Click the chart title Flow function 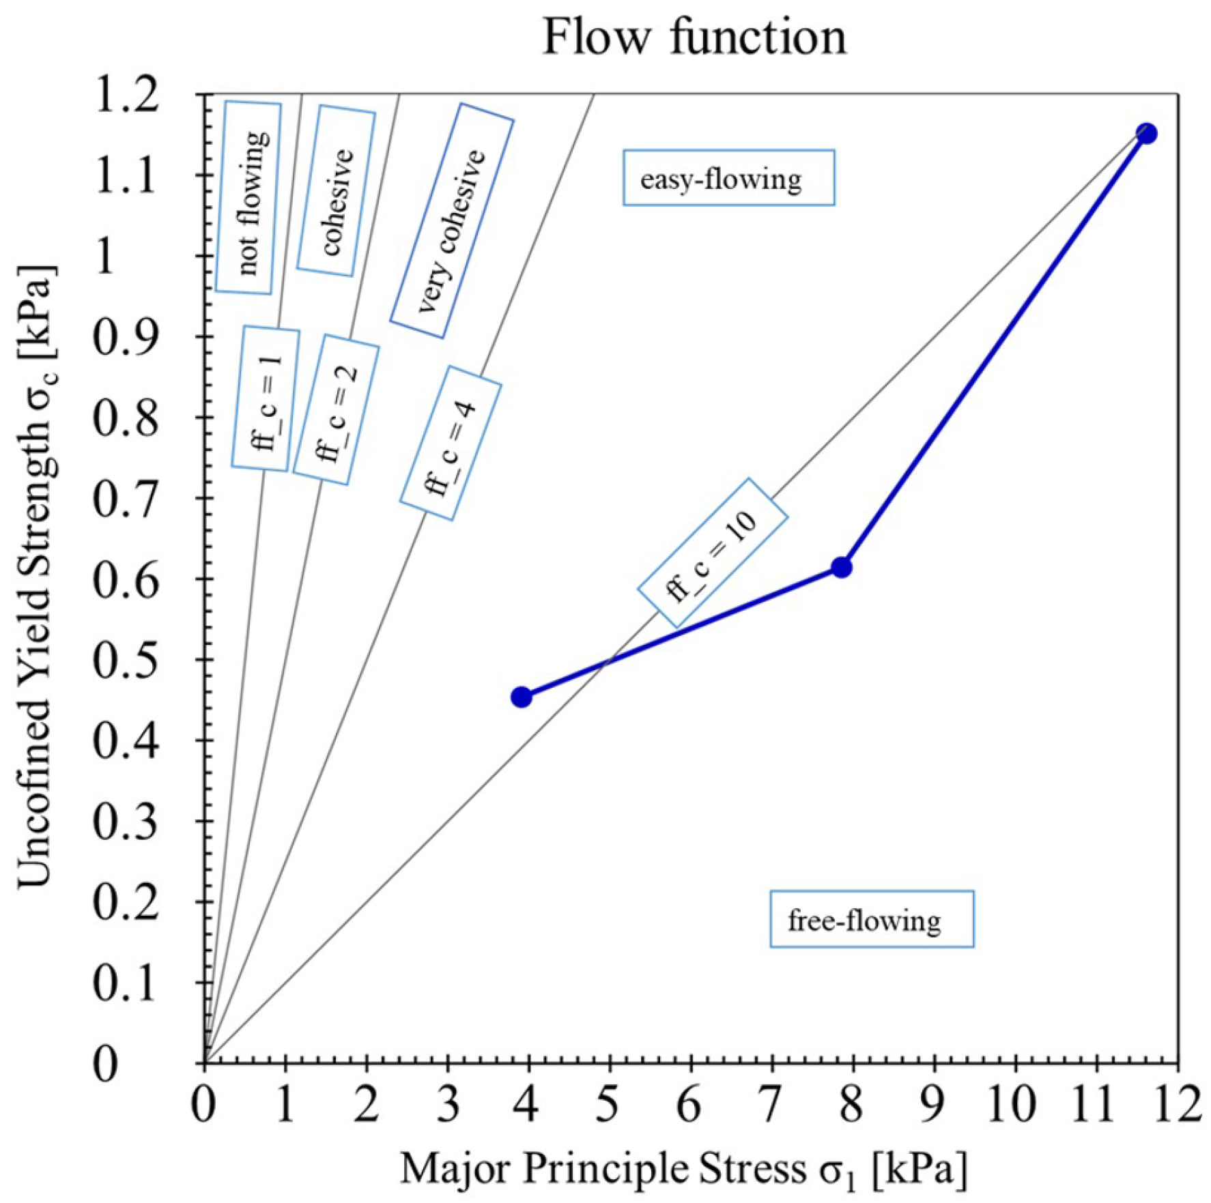click(694, 37)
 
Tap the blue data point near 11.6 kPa click(1146, 133)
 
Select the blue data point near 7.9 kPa click(842, 567)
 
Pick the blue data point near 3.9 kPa click(522, 697)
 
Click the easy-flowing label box click(728, 178)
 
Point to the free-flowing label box click(871, 919)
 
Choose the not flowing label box click(248, 198)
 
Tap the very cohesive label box click(452, 220)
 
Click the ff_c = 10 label click(713, 553)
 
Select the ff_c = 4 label click(451, 444)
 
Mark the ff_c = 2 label click(336, 410)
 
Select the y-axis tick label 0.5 click(127, 660)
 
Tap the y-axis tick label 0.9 click(127, 337)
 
